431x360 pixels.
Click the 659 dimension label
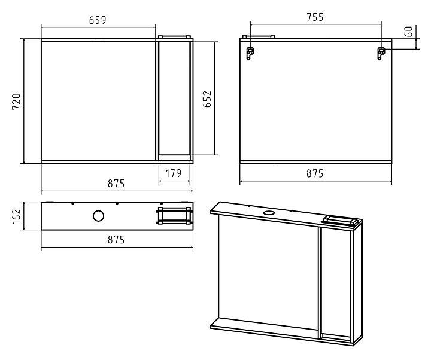tap(98, 20)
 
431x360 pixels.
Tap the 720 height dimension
tap(17, 102)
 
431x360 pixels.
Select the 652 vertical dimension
tap(207, 99)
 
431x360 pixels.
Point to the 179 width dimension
tap(174, 173)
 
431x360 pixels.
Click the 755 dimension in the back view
tap(315, 17)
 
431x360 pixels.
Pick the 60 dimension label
tap(409, 31)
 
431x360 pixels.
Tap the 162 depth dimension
tap(17, 216)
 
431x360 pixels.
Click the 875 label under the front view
tap(116, 183)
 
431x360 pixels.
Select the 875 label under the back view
tap(315, 173)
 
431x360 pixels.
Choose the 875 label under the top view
tap(116, 240)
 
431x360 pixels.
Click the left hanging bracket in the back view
tap(250, 53)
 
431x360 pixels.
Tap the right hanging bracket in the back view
tap(381, 53)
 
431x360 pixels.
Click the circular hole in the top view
tap(98, 216)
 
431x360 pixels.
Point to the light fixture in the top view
tap(174, 216)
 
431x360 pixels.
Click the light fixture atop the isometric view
tap(340, 220)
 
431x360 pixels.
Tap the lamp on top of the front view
tap(174, 37)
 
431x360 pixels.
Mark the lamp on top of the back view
tap(259, 37)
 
